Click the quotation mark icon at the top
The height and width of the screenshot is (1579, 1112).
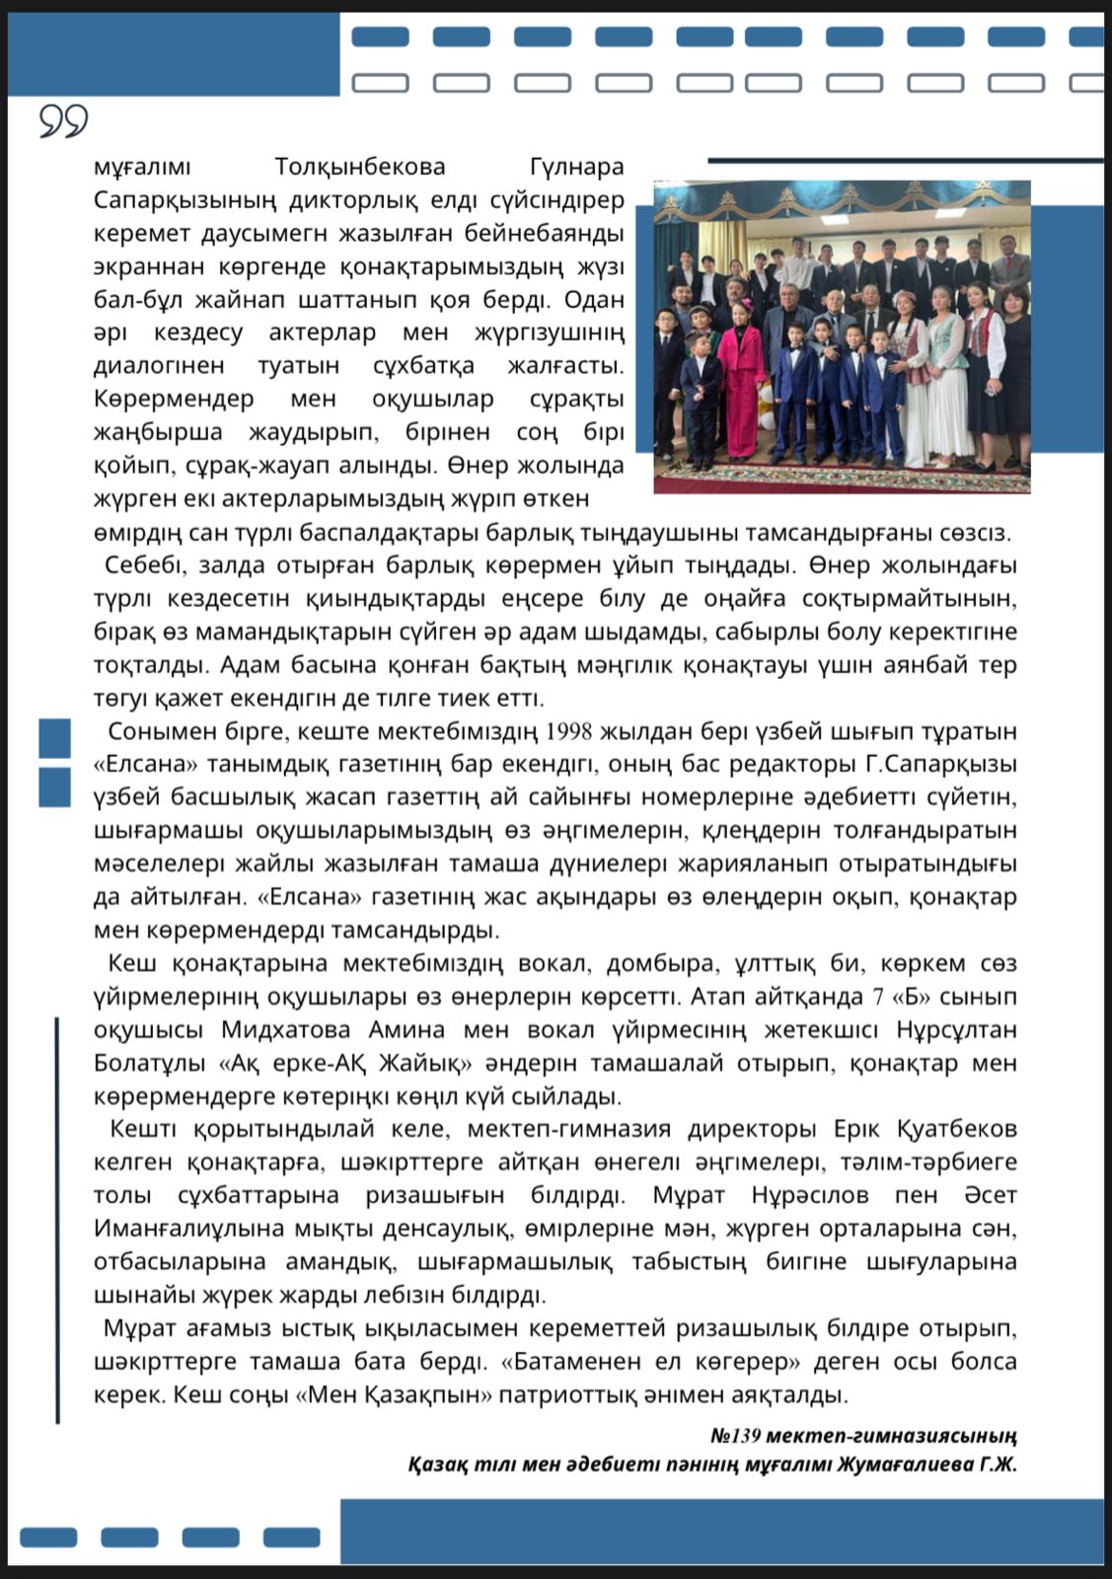(64, 120)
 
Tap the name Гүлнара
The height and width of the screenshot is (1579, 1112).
(576, 167)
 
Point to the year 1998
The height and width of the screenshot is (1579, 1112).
(567, 731)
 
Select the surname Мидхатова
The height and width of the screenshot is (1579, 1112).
(285, 1029)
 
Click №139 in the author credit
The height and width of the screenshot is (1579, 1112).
(735, 1435)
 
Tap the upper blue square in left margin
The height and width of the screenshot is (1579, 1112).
(55, 738)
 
